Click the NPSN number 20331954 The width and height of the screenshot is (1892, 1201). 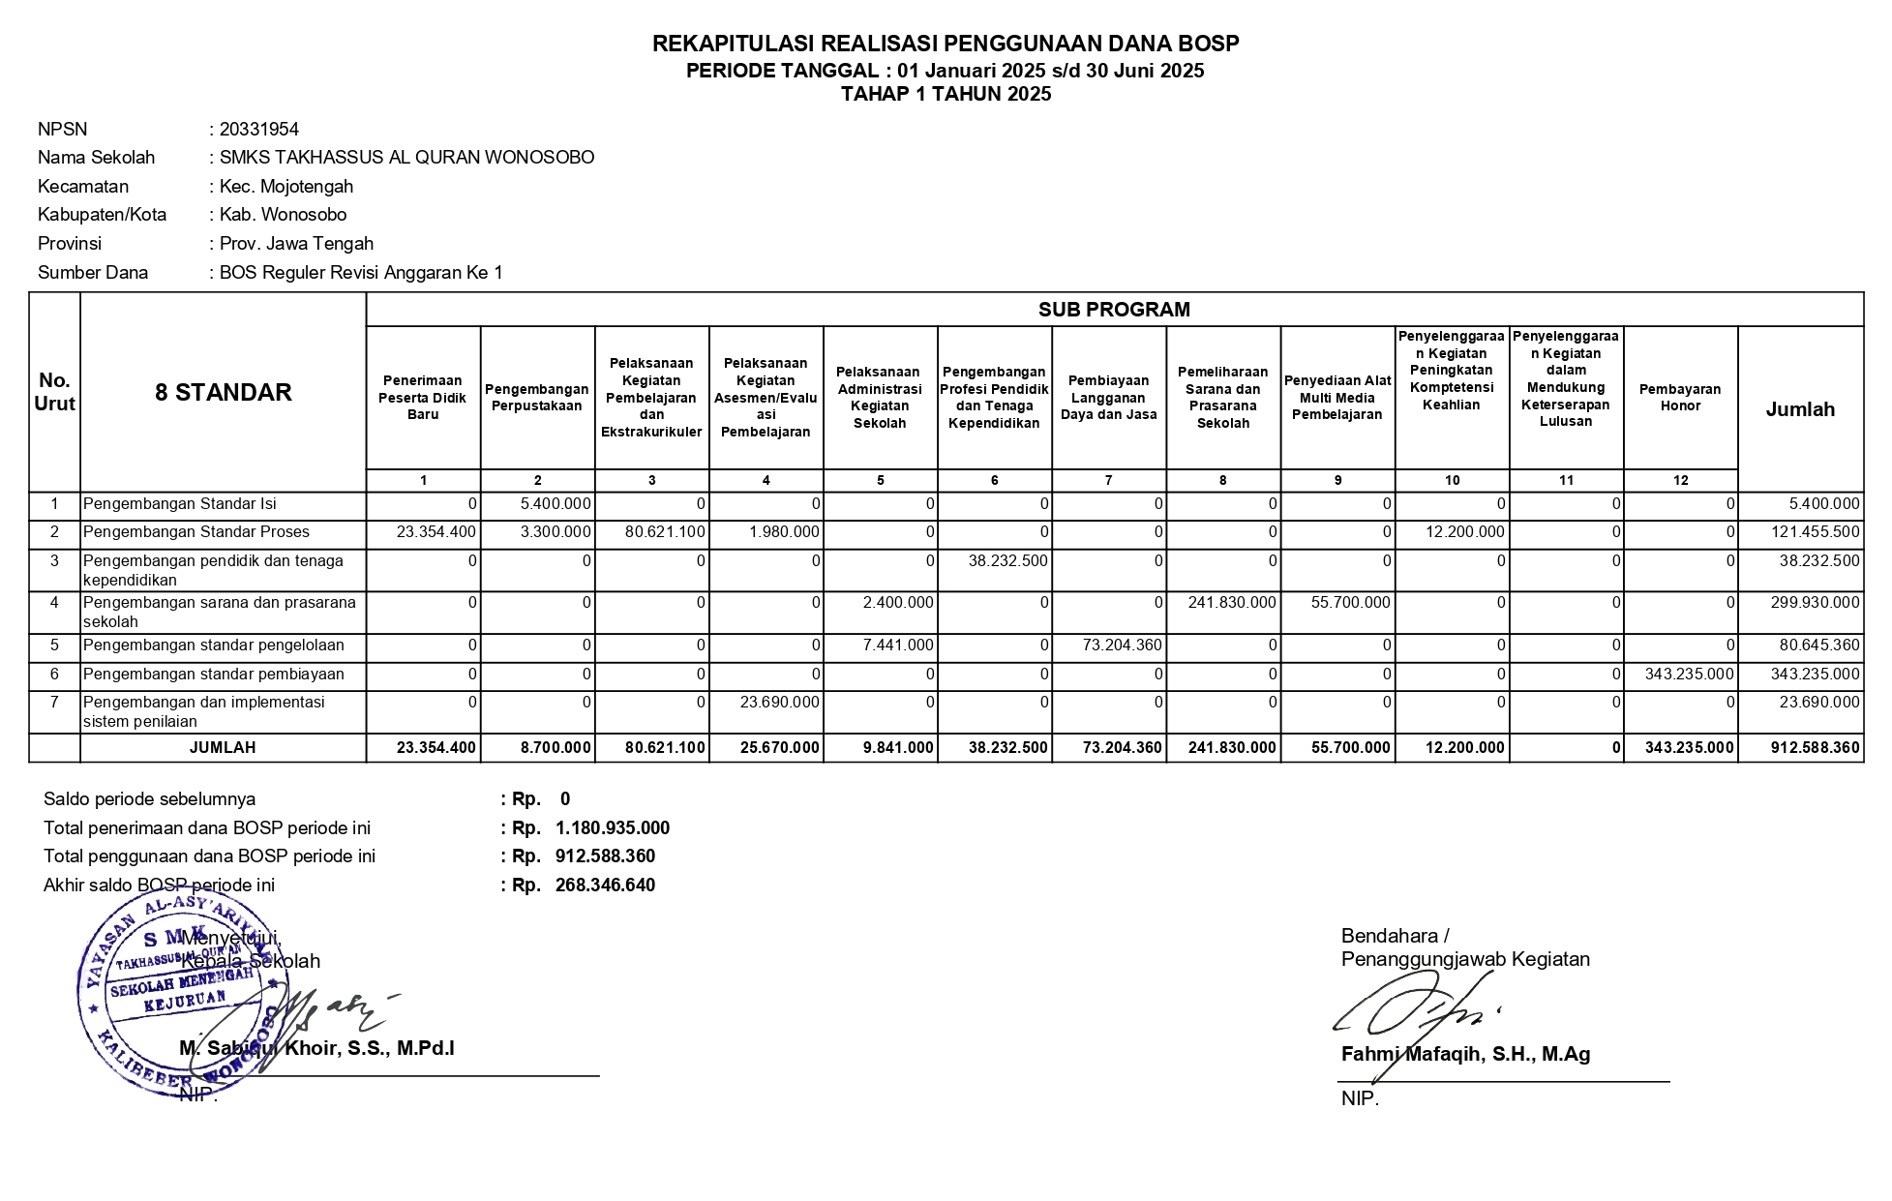pos(258,130)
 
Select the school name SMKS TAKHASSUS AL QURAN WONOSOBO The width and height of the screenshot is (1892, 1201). pos(406,158)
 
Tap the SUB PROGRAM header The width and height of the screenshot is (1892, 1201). pos(1114,310)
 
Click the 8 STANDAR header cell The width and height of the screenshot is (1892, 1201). pos(224,392)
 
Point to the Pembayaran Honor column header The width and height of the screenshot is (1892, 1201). pos(1680,398)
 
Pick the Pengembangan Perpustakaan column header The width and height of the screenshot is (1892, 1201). pos(537,398)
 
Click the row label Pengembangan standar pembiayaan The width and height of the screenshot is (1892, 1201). pos(214,675)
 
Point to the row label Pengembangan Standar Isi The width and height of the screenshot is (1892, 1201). pos(180,504)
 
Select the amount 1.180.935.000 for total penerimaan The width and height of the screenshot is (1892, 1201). pos(612,828)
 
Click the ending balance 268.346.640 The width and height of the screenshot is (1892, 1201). pos(605,886)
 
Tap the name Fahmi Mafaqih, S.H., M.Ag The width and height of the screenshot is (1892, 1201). pos(1465,1055)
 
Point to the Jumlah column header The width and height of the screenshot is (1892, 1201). pos(1800,409)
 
